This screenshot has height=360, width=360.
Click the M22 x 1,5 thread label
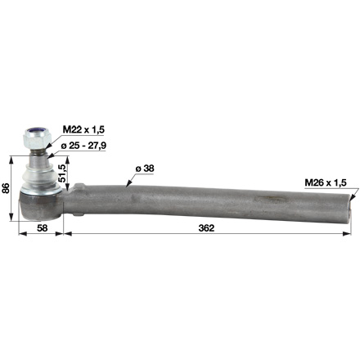(x=84, y=129)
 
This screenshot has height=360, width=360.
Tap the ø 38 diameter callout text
(x=145, y=169)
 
